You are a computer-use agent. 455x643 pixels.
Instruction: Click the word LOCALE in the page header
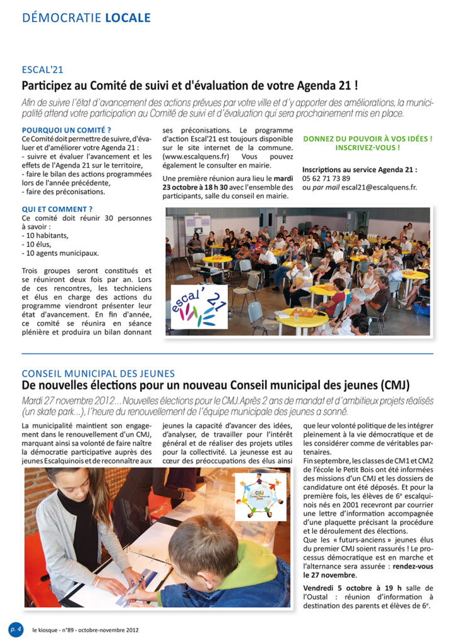[128, 17]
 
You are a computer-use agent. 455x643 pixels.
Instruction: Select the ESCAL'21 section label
[43, 70]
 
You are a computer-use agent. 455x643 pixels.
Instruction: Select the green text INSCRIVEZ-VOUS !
[368, 148]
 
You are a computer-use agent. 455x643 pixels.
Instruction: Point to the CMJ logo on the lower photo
[260, 496]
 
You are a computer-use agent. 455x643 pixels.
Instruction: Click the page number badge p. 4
[15, 629]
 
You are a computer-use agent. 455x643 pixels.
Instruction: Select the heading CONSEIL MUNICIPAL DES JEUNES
[98, 374]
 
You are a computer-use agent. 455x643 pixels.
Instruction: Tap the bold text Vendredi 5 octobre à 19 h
[352, 588]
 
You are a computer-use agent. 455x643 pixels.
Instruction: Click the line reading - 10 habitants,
[45, 235]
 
